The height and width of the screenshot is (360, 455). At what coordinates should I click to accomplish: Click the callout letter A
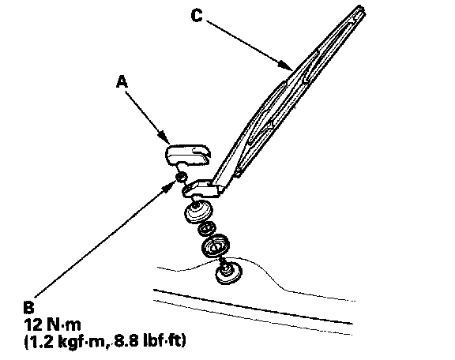[122, 81]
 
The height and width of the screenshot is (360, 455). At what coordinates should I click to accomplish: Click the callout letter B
[28, 307]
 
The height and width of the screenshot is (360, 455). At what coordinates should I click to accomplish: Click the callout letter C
[197, 15]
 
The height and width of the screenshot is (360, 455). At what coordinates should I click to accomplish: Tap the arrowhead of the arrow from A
[165, 138]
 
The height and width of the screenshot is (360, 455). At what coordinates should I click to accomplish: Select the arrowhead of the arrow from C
[286, 66]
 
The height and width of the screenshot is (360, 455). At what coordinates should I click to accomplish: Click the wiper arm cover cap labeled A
[188, 155]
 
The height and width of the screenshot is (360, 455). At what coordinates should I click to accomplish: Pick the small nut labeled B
[182, 177]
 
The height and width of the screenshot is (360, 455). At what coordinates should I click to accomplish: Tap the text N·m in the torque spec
[63, 324]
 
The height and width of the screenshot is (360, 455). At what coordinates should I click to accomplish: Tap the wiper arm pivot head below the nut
[200, 189]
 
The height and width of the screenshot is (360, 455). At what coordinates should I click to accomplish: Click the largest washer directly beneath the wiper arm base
[198, 213]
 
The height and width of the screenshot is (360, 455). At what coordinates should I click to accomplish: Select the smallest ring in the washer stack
[207, 229]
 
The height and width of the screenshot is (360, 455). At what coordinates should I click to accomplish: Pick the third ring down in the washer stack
[216, 246]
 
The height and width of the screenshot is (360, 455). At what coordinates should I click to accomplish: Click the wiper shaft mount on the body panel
[229, 273]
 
